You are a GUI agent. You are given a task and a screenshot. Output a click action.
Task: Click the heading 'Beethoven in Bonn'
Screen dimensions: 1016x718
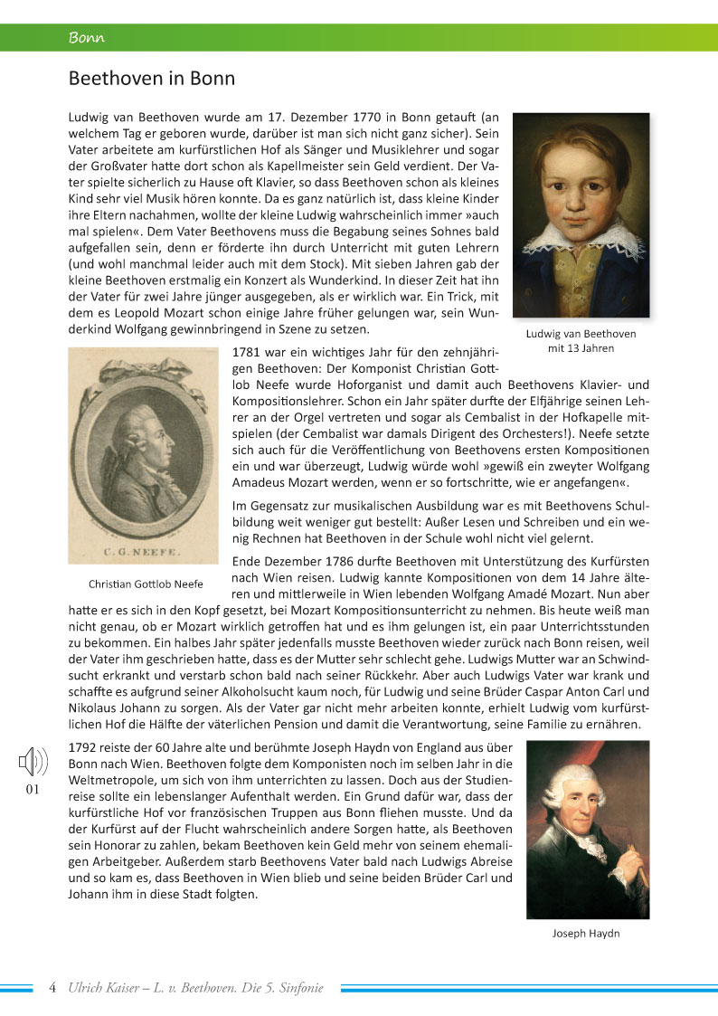coord(152,79)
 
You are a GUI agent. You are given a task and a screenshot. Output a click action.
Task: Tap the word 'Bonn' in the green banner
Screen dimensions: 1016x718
coord(87,38)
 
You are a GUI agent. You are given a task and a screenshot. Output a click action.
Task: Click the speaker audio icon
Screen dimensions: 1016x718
coord(33,763)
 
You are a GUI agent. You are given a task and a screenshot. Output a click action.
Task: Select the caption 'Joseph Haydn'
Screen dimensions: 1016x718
coord(586,933)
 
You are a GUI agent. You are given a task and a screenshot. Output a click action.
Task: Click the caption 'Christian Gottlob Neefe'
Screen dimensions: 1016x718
coord(145,583)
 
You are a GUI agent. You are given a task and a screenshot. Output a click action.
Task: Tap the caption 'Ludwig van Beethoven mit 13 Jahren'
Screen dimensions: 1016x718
coord(581,340)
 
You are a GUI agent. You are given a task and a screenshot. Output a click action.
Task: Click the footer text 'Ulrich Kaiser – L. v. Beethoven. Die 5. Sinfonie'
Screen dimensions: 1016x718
coord(195,987)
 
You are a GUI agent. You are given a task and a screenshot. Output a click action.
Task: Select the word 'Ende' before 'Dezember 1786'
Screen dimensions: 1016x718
coord(248,561)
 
